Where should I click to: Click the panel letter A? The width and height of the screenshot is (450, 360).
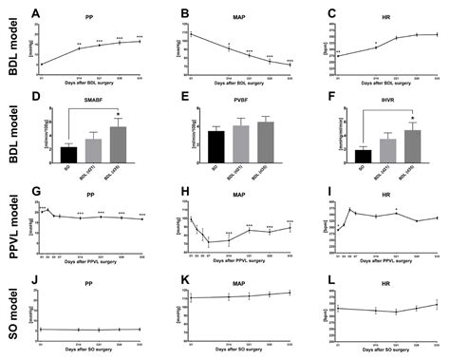point(35,13)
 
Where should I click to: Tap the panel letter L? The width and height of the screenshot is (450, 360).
point(328,281)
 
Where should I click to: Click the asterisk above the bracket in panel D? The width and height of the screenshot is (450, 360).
point(118,115)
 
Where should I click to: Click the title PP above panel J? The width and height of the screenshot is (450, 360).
point(90,282)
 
